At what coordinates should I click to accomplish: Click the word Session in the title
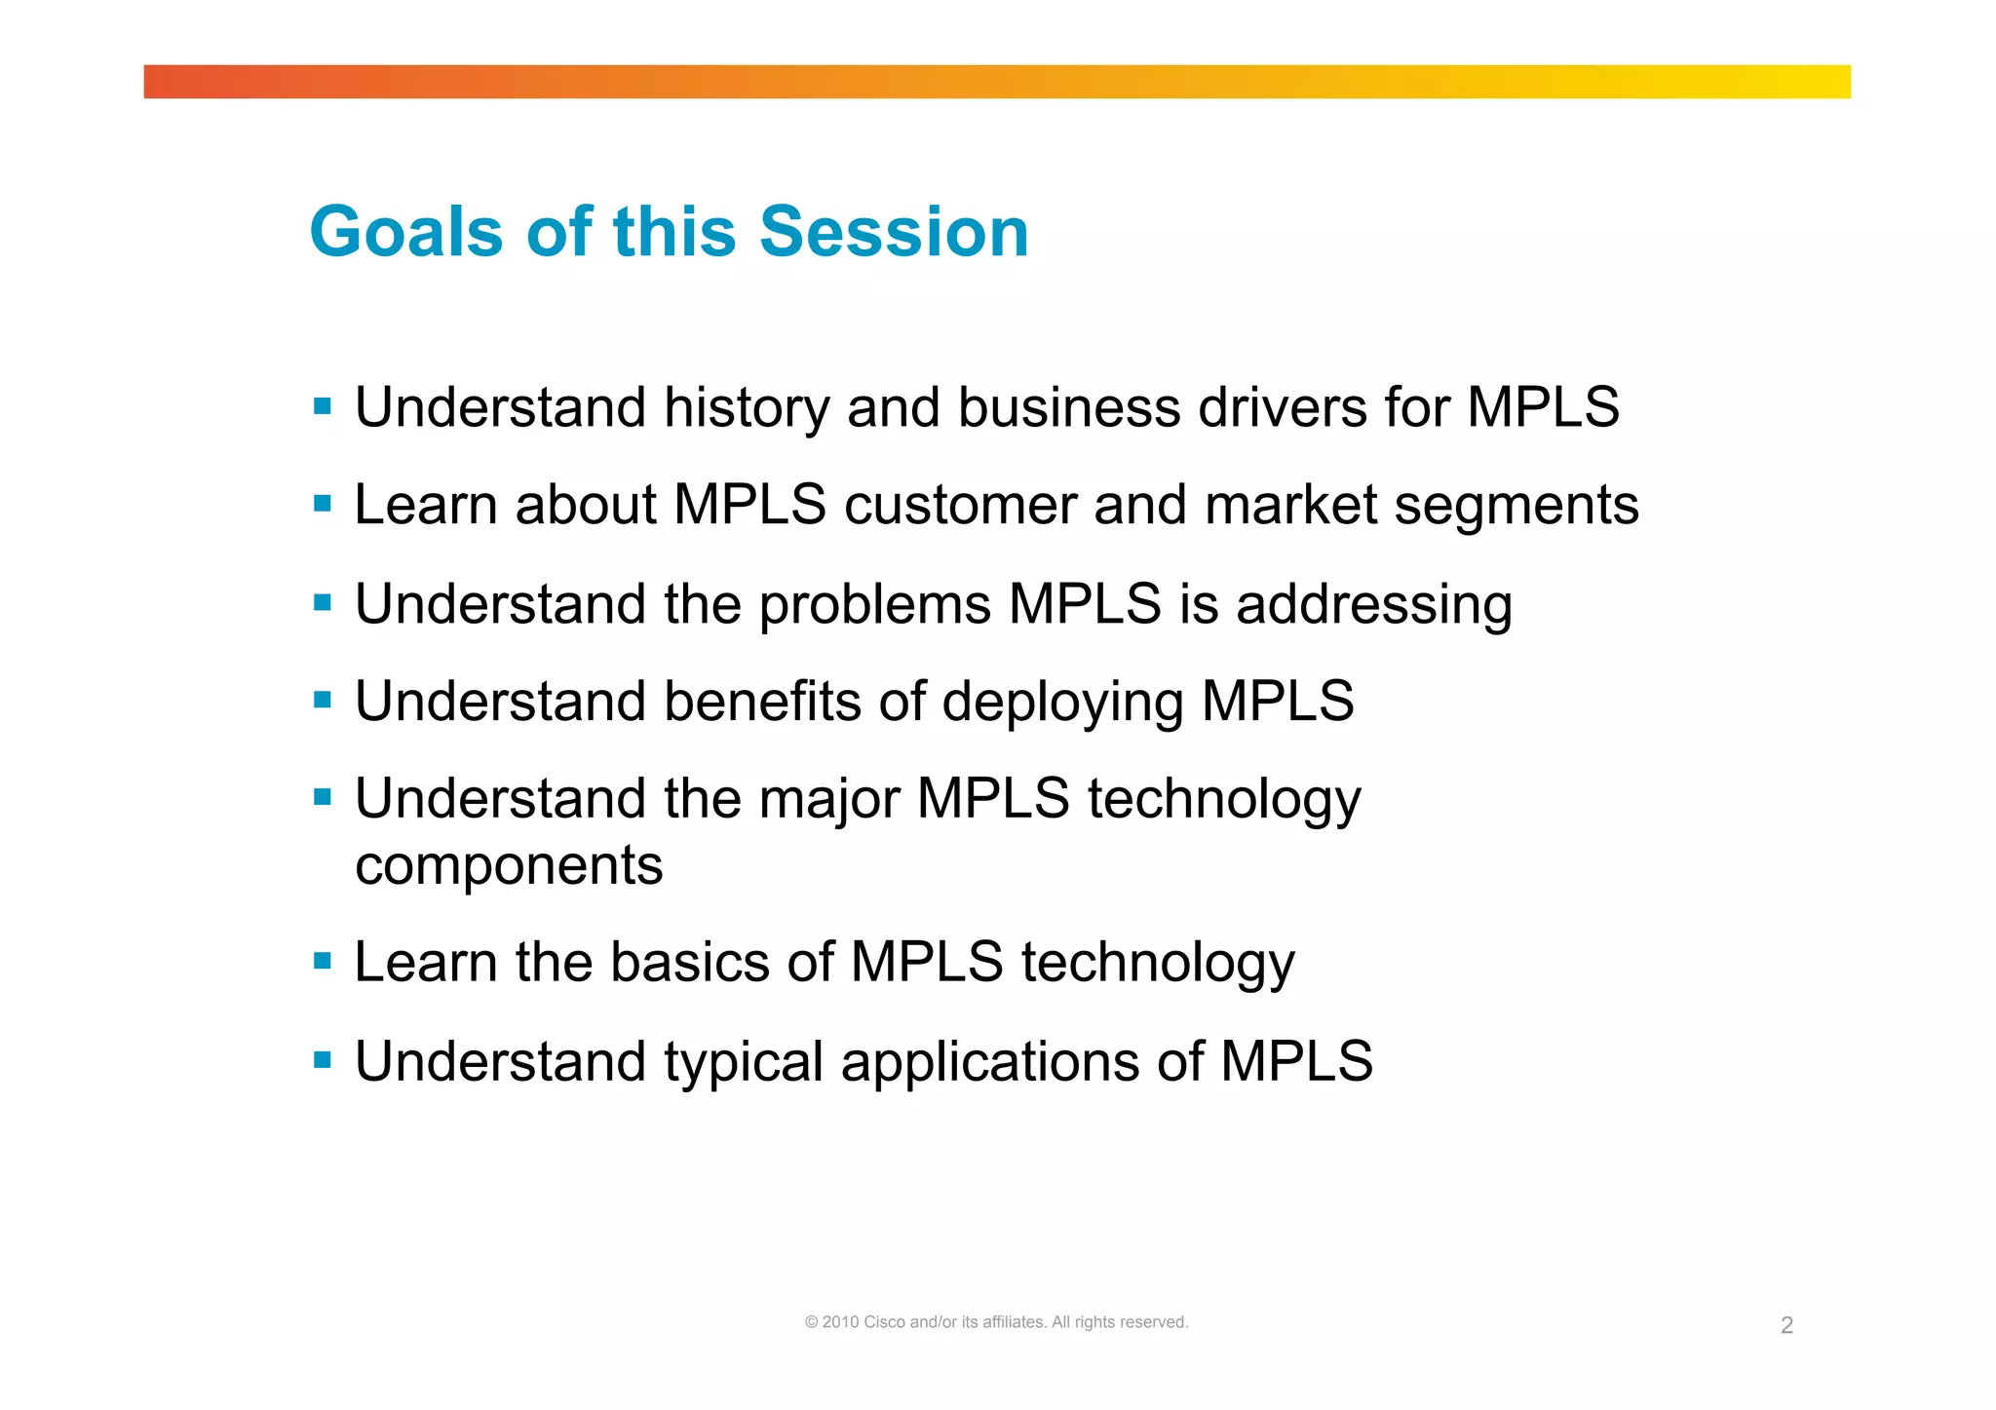[894, 232]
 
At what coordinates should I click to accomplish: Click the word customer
[959, 505]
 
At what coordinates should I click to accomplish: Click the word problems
[874, 604]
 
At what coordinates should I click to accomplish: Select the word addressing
[1374, 604]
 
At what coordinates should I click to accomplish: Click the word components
[509, 865]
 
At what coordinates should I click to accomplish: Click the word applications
[990, 1062]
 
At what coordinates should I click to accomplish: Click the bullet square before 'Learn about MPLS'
[323, 504]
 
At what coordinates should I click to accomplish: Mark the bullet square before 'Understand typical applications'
[323, 1059]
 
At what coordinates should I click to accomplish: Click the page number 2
[1786, 1325]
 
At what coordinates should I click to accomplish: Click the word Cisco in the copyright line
[884, 1322]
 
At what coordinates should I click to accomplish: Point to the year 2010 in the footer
[840, 1322]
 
